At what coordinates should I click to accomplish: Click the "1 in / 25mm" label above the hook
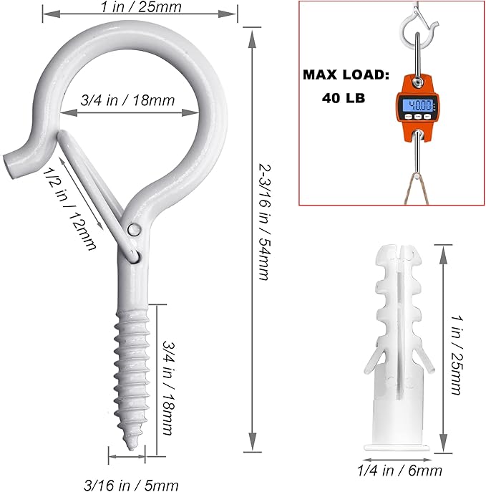coord(140,7)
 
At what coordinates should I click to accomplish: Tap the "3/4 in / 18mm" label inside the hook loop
coord(127,100)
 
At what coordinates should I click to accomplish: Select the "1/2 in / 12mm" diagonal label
coord(69,208)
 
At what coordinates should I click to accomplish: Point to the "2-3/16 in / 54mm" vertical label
coord(264,221)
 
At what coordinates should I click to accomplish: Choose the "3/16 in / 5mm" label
coord(131,485)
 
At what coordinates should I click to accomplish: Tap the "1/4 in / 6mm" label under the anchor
coord(399,471)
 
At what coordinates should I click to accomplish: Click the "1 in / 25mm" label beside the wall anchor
coord(457,354)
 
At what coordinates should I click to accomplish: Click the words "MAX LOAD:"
coord(346,75)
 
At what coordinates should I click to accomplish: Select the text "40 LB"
coord(344,98)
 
